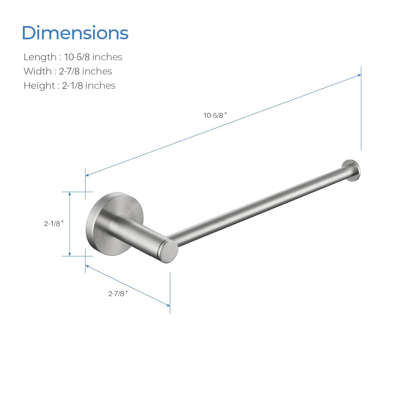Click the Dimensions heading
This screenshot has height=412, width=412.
tap(75, 33)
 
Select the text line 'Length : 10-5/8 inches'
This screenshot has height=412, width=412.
tap(73, 57)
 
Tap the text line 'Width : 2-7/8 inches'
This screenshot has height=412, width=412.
tap(68, 71)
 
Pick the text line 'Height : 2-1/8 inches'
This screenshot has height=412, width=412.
tap(69, 86)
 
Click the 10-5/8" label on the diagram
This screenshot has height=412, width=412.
tap(215, 115)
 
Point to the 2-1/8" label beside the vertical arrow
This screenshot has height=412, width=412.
tap(54, 224)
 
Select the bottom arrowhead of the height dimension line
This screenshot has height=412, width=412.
tap(70, 254)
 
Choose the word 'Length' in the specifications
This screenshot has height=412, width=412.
tap(40, 57)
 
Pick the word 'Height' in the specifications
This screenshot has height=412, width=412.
tap(39, 86)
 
